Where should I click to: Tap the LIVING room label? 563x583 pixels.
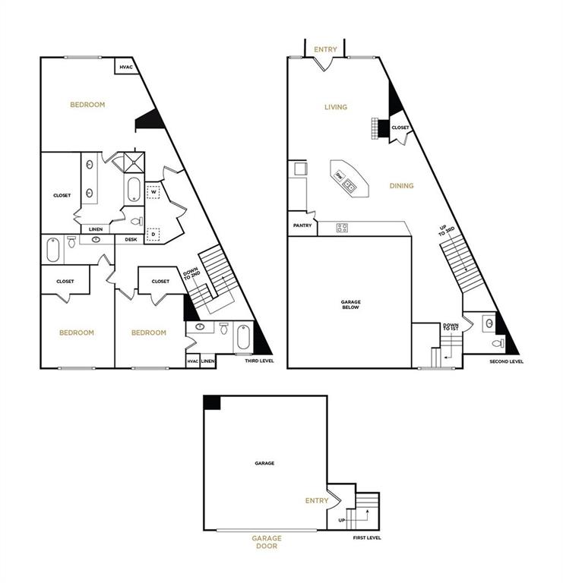335,107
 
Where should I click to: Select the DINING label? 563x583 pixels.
401,186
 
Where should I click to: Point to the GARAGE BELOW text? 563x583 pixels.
350,305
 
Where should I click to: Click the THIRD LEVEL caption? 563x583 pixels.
259,361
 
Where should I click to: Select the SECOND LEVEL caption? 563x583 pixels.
507,361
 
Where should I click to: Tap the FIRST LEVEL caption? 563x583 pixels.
367,537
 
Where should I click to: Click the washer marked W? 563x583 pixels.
153,192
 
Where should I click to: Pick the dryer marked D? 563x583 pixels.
153,235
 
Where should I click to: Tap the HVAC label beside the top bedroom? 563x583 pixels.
125,67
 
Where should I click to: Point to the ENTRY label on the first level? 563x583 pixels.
316,501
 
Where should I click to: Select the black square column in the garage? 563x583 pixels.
212,402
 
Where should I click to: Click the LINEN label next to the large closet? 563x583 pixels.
96,228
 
